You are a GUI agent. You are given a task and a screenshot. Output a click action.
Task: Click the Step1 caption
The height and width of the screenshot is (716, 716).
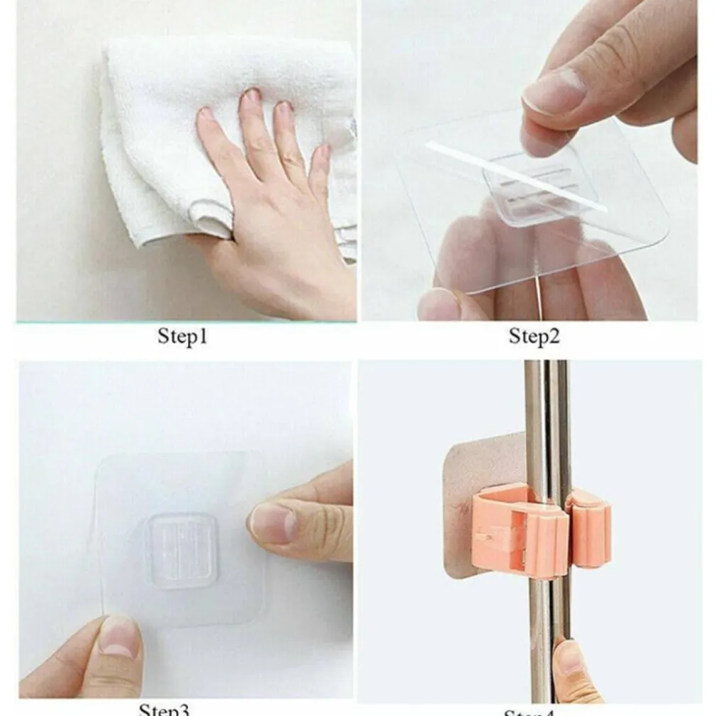[x=182, y=336]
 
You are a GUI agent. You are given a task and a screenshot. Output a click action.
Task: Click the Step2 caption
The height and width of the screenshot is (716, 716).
[x=534, y=336]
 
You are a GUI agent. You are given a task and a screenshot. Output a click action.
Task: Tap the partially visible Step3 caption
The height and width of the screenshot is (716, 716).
[x=164, y=709]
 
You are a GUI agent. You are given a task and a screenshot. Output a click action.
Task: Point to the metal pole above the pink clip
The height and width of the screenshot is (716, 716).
[x=547, y=425]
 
